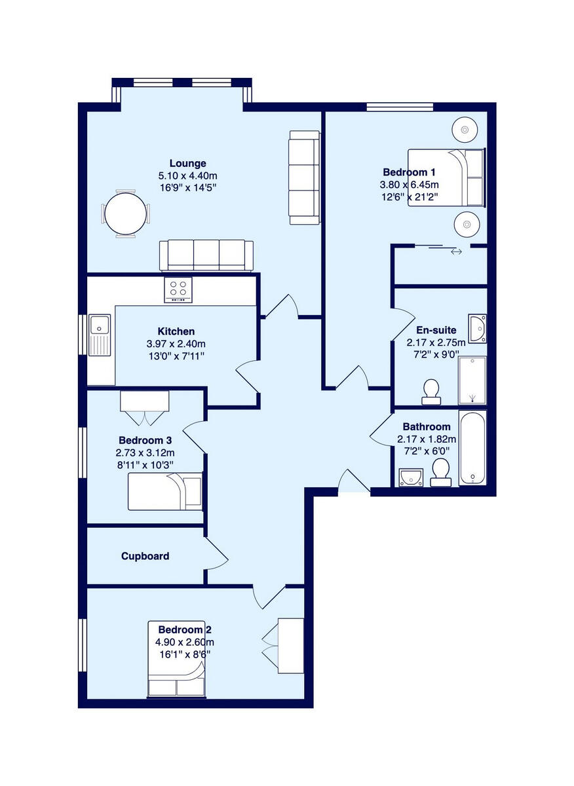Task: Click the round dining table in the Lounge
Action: (126, 213)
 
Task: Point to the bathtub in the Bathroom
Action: (472, 448)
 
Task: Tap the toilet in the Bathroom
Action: (441, 472)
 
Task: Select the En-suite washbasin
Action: (478, 328)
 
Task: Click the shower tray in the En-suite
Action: (472, 380)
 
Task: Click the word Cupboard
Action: (145, 556)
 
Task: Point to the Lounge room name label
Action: (187, 163)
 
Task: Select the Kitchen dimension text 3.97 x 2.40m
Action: (176, 344)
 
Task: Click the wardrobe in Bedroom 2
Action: (290, 645)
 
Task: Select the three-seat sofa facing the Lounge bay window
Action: (206, 254)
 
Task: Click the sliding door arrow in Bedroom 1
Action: (456, 252)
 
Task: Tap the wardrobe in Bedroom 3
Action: (144, 401)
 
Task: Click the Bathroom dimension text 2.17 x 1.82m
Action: (426, 440)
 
